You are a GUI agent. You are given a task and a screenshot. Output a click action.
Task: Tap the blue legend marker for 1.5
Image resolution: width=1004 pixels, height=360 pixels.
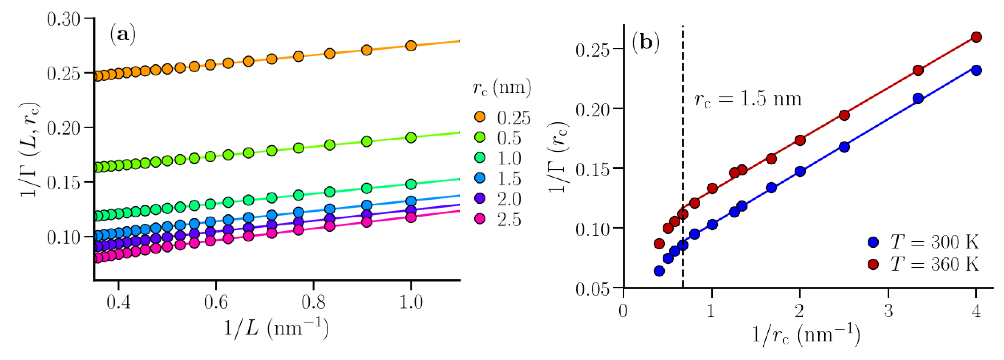pyautogui.click(x=480, y=178)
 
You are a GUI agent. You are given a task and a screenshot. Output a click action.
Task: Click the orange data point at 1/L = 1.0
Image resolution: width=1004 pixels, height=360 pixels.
pyautogui.click(x=411, y=46)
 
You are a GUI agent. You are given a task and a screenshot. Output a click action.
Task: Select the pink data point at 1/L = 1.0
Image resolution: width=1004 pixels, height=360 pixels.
pyautogui.click(x=411, y=217)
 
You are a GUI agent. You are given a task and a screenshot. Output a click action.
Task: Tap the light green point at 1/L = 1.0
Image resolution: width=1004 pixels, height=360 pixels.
pyautogui.click(x=411, y=138)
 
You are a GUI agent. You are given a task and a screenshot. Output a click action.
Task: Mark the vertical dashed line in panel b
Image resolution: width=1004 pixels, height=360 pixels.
pyautogui.click(x=683, y=156)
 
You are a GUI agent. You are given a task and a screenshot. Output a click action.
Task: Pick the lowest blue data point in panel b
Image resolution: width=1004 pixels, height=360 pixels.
pyautogui.click(x=659, y=271)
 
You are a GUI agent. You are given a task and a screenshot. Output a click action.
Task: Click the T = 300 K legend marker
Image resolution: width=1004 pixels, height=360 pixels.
pyautogui.click(x=873, y=242)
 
